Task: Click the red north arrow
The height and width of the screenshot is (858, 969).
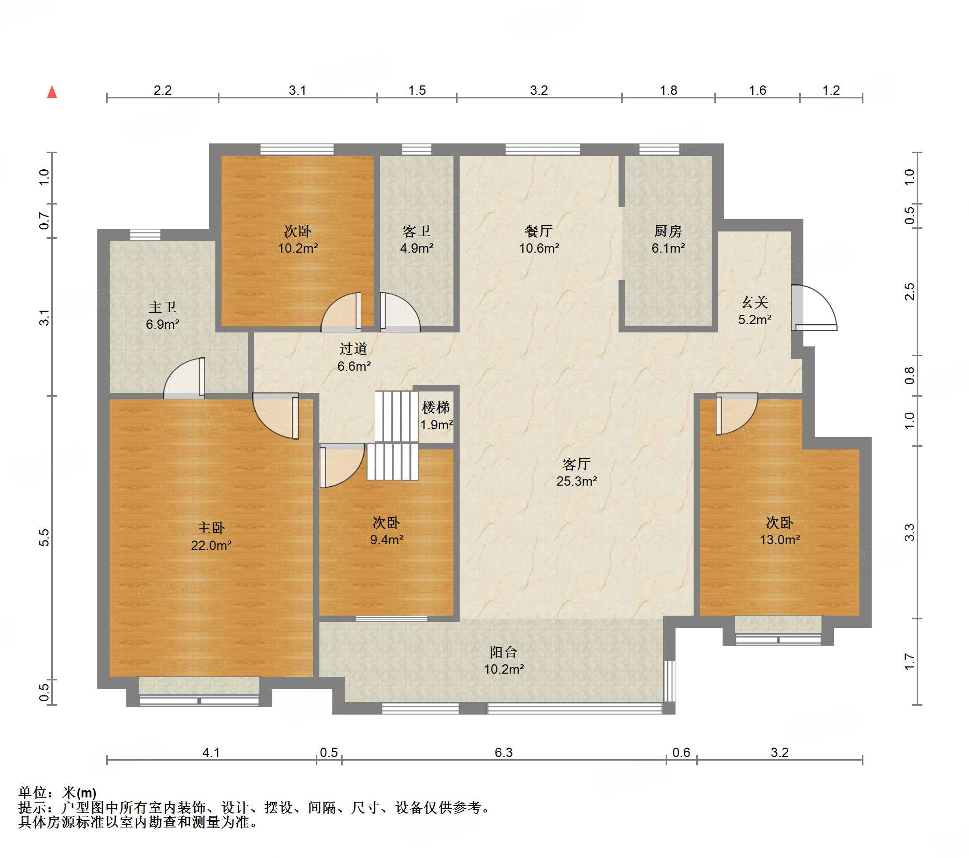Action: pyautogui.click(x=52, y=92)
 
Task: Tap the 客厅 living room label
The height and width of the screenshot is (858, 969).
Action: pyautogui.click(x=576, y=464)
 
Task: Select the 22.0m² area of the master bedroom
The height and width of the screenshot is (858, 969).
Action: pyautogui.click(x=211, y=545)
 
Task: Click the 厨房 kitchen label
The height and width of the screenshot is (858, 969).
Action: pyautogui.click(x=668, y=231)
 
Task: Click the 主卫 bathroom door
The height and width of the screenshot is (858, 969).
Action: pyautogui.click(x=184, y=378)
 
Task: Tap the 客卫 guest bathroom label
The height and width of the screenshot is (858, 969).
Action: pyautogui.click(x=417, y=231)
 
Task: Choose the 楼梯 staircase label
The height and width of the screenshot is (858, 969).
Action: pyautogui.click(x=436, y=408)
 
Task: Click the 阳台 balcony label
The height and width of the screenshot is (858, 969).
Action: pyautogui.click(x=504, y=652)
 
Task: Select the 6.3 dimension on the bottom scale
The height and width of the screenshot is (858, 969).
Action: pyautogui.click(x=504, y=752)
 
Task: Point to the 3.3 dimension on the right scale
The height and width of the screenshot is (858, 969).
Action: pyautogui.click(x=909, y=532)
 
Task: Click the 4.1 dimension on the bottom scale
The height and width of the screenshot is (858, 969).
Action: pyautogui.click(x=211, y=752)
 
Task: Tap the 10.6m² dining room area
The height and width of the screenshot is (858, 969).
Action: pyautogui.click(x=539, y=248)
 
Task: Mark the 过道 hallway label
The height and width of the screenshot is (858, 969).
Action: pyautogui.click(x=354, y=349)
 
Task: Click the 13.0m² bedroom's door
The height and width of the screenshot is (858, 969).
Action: pyautogui.click(x=737, y=414)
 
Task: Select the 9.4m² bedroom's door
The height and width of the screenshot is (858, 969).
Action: pyautogui.click(x=342, y=466)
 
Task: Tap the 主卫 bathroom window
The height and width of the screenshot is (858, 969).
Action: pyautogui.click(x=145, y=235)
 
